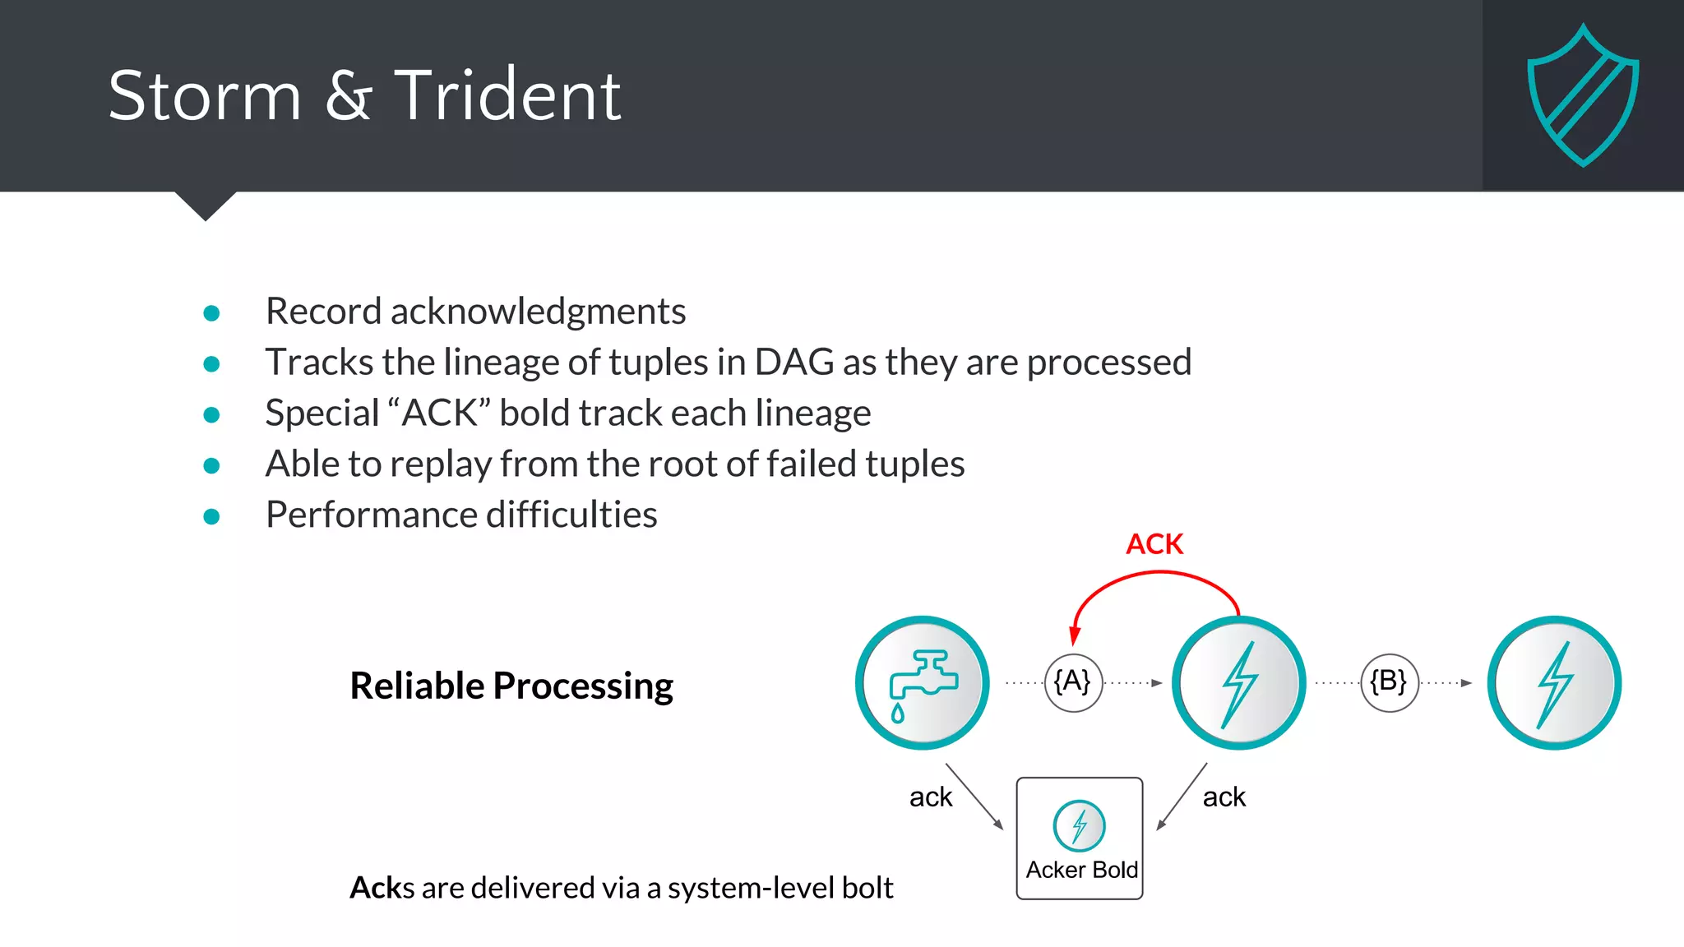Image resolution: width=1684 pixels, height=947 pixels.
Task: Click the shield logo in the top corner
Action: tap(1583, 95)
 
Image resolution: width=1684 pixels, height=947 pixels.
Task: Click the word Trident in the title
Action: tap(507, 96)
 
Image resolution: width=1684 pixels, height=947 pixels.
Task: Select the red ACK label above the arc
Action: tap(1154, 544)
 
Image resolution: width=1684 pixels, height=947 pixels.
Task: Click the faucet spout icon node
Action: tap(922, 683)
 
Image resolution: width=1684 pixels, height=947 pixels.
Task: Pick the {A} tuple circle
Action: tap(1072, 682)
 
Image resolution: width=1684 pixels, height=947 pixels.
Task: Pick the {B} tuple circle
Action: tap(1389, 682)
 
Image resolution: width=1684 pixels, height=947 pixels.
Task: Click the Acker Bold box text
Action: tap(1081, 870)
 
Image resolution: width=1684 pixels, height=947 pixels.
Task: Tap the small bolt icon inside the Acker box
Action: tap(1079, 825)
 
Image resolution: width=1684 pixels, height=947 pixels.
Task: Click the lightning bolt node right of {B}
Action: tap(1554, 683)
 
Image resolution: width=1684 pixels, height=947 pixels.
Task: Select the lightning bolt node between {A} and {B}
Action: tap(1238, 683)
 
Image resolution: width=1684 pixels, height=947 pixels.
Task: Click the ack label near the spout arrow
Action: tap(930, 797)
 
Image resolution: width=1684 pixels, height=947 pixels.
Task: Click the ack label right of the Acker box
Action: tap(1224, 797)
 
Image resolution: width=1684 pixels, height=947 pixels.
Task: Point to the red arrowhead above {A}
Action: tap(1074, 635)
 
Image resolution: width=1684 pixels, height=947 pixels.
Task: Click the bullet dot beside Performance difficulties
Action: tap(211, 516)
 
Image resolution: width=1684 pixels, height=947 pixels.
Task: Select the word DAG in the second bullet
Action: tap(793, 363)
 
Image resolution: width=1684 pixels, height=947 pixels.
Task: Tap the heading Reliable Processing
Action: tap(511, 686)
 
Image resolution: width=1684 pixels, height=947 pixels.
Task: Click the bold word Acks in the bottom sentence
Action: tap(382, 888)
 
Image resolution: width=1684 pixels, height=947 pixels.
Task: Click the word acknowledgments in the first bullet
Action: tap(538, 312)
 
